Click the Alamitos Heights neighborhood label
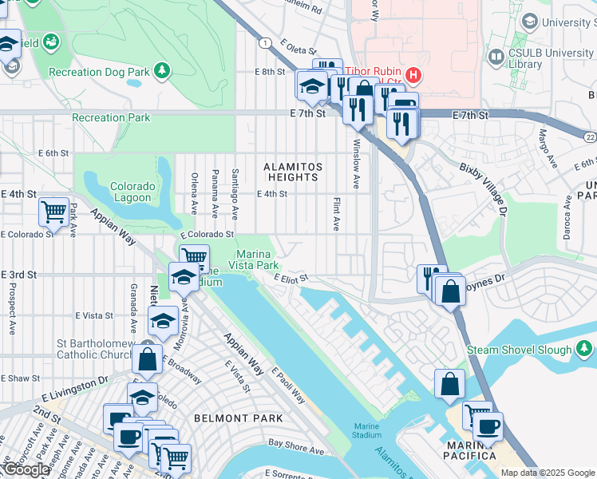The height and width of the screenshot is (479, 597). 293,171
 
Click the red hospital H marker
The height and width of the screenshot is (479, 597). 413,77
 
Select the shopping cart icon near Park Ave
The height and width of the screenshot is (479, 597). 53,212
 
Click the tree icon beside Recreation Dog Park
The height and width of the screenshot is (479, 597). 162,71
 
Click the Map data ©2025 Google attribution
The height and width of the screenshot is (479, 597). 548,473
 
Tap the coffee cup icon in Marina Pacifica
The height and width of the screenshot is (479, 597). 488,426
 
